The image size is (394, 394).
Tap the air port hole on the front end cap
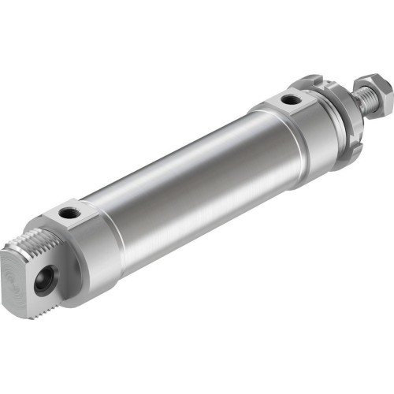click(291, 100)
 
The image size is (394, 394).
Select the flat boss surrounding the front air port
click(290, 102)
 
